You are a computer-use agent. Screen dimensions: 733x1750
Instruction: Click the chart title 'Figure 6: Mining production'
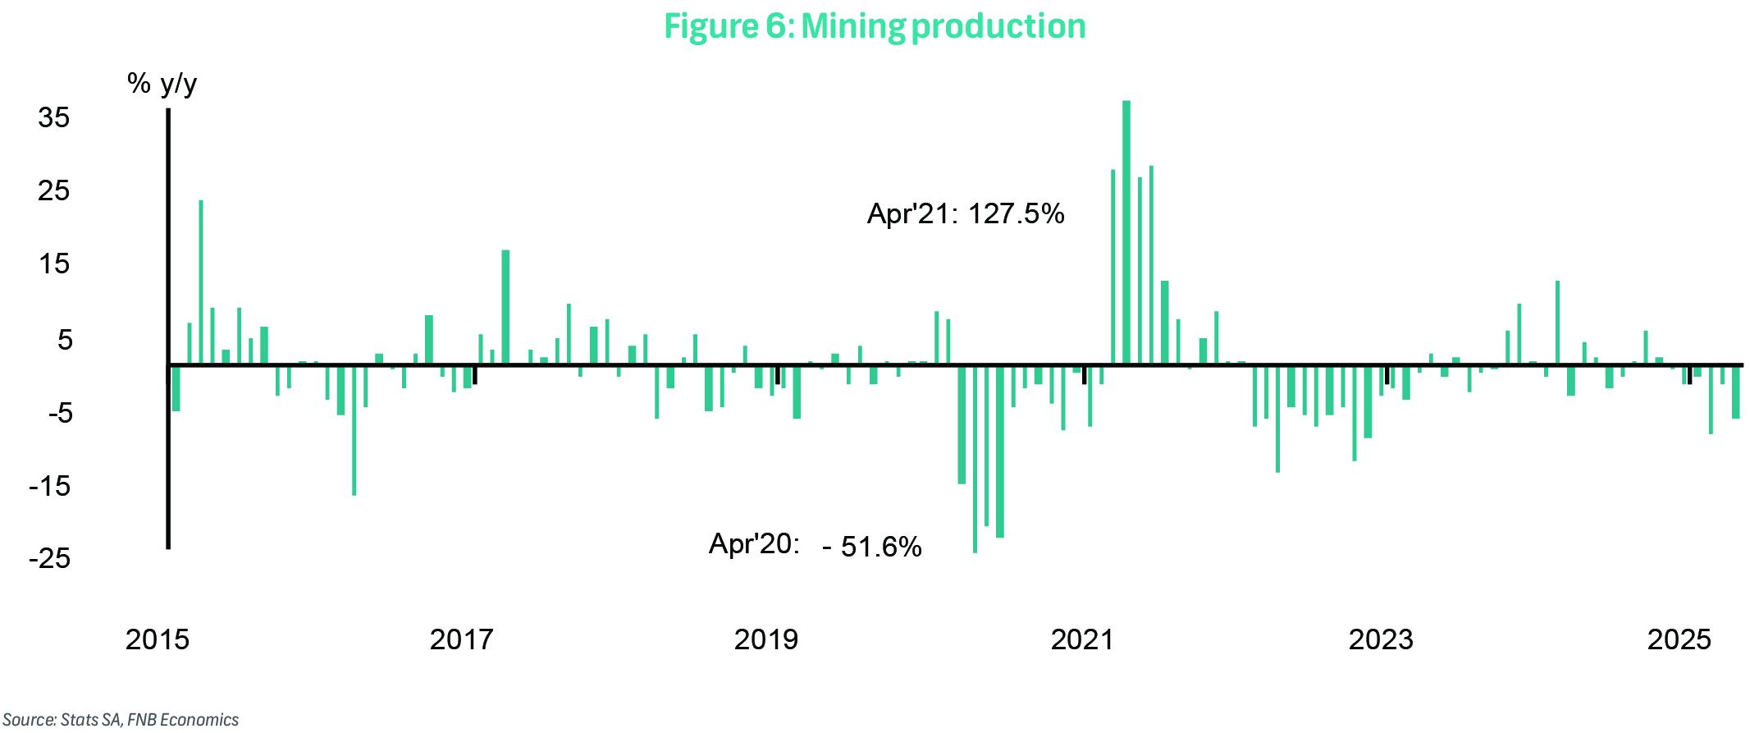pos(875,26)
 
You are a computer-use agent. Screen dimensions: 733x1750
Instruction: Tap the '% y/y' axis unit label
pos(162,84)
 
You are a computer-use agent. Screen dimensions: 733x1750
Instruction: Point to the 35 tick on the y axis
pos(54,117)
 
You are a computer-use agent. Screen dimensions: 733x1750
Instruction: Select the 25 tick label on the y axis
pos(54,190)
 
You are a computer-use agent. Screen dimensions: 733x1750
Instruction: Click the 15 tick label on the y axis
pos(54,263)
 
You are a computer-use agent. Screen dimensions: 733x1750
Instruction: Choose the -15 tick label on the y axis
pos(50,486)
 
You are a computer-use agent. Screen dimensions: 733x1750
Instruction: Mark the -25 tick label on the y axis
pos(50,559)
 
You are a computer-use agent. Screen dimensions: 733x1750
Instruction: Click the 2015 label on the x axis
pos(157,639)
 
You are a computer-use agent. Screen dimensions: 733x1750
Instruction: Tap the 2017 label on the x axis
pos(461,639)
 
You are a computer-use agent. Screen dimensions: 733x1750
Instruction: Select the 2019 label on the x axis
pos(765,639)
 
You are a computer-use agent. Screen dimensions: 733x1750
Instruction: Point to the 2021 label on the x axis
pos(1082,639)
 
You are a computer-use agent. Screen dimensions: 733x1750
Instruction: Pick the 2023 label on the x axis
pos(1381,639)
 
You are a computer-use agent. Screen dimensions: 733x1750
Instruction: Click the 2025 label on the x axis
pos(1679,639)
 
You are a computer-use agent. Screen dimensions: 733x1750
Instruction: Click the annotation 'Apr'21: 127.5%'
pos(966,214)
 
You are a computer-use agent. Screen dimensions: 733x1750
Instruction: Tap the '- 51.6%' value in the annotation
pos(872,547)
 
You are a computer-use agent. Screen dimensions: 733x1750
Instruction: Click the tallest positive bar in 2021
pos(1126,231)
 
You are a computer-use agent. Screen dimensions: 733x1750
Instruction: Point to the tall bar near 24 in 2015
pos(201,282)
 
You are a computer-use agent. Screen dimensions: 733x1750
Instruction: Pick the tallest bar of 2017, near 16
pos(505,306)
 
